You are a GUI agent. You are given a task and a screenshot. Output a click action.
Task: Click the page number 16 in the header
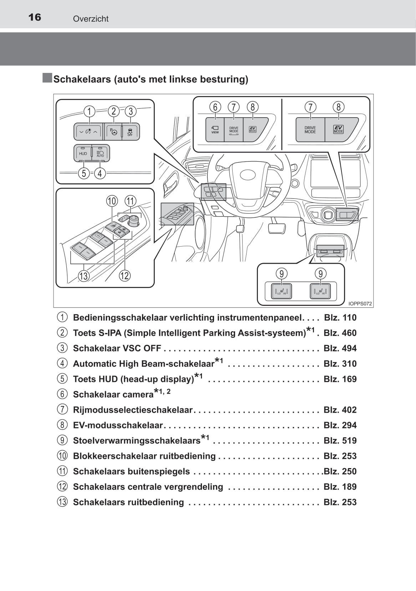click(35, 17)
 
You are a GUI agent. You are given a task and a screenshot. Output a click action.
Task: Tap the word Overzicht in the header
click(91, 19)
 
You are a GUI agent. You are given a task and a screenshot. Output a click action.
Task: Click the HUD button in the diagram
click(83, 153)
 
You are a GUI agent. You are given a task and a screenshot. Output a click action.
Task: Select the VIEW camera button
click(215, 130)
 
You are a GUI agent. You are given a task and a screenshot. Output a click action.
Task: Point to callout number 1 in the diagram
click(89, 111)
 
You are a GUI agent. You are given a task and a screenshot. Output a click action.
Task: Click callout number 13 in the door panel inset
click(83, 276)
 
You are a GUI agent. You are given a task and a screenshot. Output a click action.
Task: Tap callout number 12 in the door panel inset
click(125, 275)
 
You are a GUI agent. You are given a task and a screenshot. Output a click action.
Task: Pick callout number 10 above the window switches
click(112, 201)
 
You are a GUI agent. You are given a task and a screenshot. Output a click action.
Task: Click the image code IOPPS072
click(360, 304)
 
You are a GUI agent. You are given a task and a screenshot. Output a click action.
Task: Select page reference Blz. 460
click(340, 333)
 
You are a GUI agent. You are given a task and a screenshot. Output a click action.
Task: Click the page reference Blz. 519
click(340, 441)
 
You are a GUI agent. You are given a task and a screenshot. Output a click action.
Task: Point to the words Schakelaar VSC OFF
click(117, 348)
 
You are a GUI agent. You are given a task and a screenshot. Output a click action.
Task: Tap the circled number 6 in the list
click(62, 394)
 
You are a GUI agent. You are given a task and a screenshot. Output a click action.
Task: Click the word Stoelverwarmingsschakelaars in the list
click(137, 441)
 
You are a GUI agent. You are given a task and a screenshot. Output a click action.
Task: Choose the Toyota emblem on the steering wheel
click(248, 175)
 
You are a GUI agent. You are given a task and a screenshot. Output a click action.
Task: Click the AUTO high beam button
click(101, 153)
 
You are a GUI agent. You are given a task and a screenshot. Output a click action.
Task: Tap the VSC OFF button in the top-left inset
click(130, 131)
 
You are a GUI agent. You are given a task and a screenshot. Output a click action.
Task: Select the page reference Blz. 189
click(340, 487)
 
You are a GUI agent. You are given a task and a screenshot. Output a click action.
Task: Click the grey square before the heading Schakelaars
click(47, 78)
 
